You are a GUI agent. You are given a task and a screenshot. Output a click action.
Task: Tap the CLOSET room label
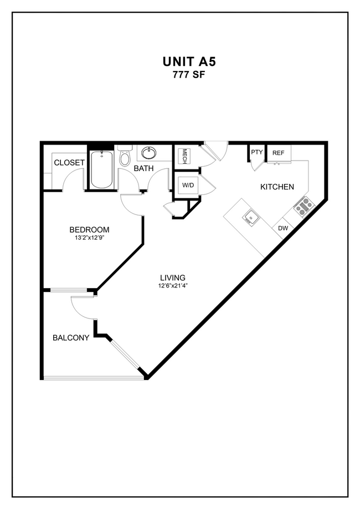69,163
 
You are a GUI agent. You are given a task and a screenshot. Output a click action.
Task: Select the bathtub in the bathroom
102,169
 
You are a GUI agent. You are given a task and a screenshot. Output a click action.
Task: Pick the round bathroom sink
148,153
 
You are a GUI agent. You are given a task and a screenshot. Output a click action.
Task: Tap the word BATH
143,168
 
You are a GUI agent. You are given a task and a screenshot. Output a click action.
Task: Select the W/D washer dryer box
188,184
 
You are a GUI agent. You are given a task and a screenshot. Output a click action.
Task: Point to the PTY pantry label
257,152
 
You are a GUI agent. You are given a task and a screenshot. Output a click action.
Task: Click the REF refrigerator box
278,153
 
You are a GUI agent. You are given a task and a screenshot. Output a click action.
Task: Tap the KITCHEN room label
277,187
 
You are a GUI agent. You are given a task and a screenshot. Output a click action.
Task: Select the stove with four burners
304,206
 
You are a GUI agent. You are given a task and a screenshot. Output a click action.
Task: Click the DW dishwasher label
283,228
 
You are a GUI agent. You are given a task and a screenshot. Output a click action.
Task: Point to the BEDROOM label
89,229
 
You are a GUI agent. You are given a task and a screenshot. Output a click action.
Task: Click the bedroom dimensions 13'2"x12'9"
89,238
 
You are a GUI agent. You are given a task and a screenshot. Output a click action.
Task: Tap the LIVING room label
172,277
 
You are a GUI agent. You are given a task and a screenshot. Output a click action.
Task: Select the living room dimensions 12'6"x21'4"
172,286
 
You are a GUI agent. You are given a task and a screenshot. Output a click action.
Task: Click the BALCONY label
71,337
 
